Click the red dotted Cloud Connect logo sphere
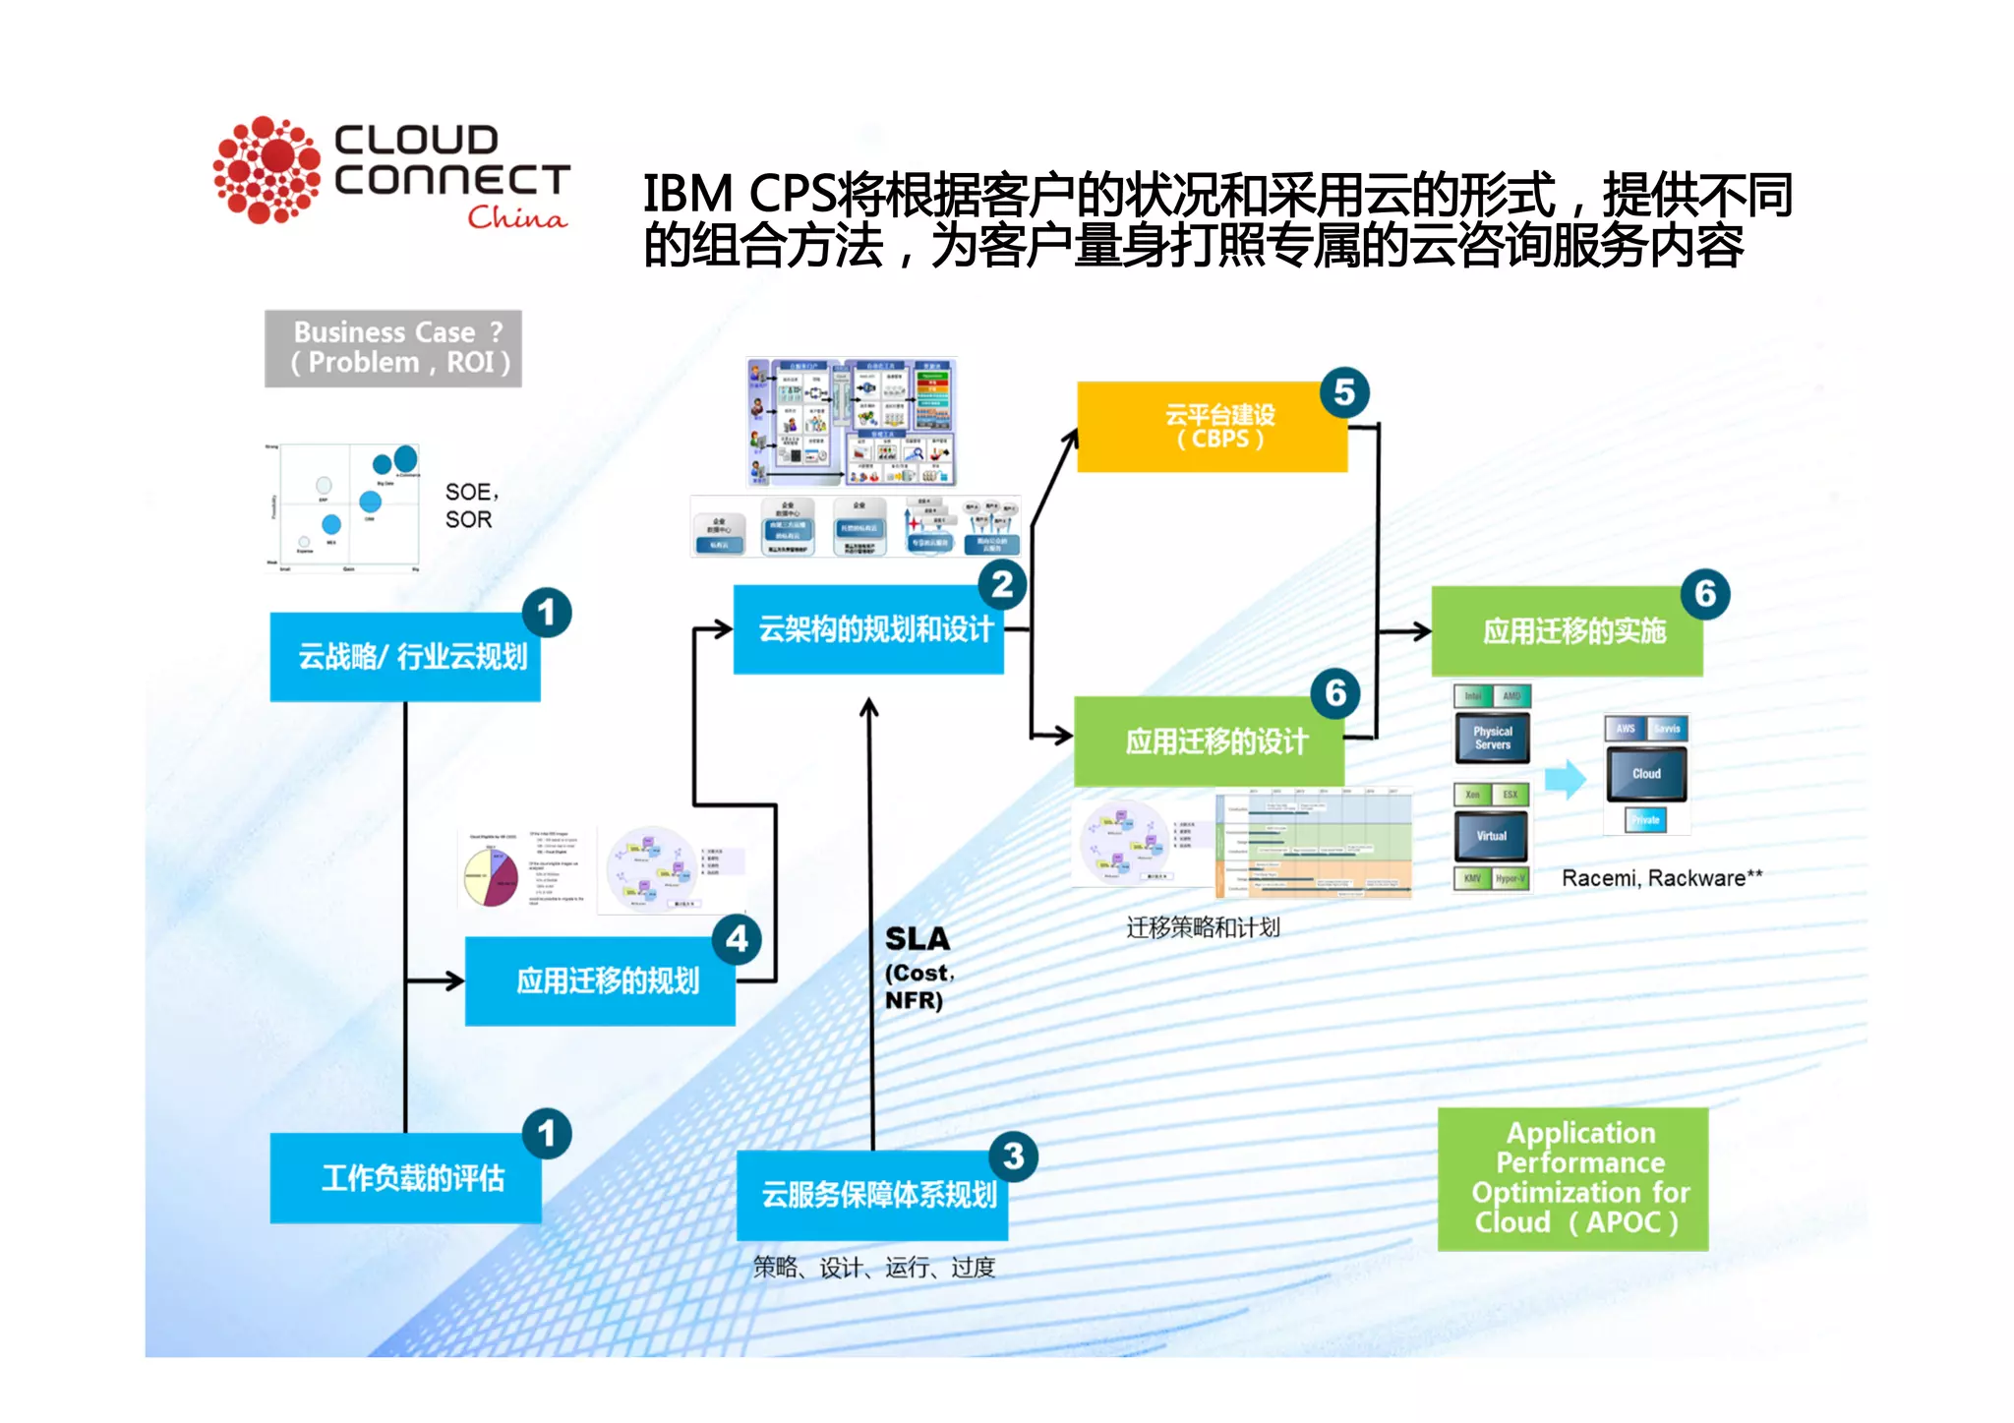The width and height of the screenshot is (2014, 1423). tap(267, 170)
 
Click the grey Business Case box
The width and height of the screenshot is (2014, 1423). tap(393, 348)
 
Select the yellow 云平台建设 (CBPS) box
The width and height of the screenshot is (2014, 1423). tap(1212, 427)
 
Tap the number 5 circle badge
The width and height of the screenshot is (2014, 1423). tap(1344, 392)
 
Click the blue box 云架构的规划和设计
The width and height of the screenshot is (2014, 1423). tap(868, 629)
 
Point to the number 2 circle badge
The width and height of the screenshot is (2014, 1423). tap(1002, 585)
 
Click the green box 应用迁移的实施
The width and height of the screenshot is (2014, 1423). tap(1567, 631)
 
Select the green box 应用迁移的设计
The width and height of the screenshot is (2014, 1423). tap(1209, 741)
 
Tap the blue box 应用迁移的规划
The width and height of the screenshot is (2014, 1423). tap(600, 980)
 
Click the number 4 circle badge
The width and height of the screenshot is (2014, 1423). tap(737, 939)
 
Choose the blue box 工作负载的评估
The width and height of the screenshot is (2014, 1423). tap(405, 1177)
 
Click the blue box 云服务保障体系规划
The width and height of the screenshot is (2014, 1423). tap(872, 1195)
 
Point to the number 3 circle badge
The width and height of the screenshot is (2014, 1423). tap(1013, 1156)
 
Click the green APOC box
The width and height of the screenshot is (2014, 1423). tap(1572, 1178)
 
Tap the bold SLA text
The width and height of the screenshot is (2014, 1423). tap(917, 939)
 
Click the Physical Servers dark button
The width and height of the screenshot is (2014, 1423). tap(1492, 739)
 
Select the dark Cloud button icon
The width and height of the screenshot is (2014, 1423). tap(1646, 774)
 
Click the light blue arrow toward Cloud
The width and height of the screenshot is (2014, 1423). tap(1566, 780)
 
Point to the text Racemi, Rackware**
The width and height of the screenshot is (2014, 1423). tap(1661, 878)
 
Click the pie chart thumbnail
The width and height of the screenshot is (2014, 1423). tap(491, 877)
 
